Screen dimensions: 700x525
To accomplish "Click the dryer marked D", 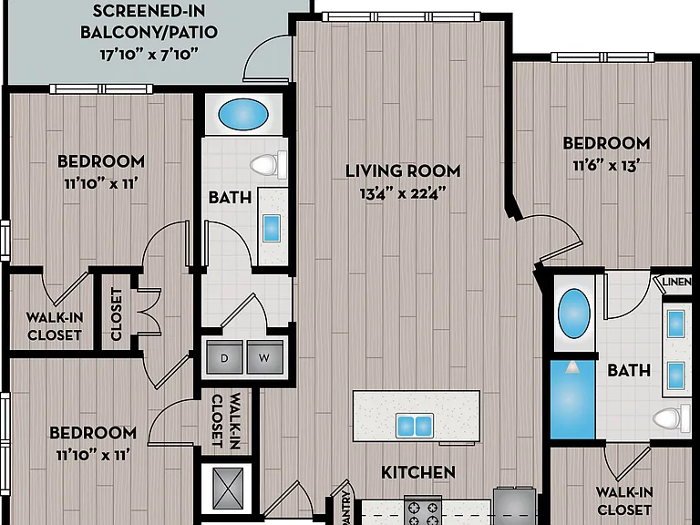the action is [224, 357].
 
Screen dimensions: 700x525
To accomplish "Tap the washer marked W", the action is [265, 357].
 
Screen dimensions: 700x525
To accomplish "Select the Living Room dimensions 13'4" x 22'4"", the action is [403, 193].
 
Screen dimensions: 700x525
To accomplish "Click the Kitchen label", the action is [418, 472].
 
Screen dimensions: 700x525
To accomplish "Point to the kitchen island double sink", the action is [415, 426].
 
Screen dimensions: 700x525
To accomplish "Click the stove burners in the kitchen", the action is [423, 512].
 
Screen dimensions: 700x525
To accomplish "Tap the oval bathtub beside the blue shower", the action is [574, 313].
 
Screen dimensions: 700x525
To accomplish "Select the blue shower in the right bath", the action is [572, 399].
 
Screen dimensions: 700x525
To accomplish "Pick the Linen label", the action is [677, 283].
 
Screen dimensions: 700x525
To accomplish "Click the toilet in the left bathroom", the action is [268, 164].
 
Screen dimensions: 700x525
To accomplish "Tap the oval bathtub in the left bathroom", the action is [243, 114].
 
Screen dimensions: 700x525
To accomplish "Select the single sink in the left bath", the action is [272, 228].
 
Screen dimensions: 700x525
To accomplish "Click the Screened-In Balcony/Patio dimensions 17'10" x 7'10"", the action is [149, 55].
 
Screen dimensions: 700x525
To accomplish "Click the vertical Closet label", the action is [116, 314].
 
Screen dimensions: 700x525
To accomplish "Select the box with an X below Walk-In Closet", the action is [229, 489].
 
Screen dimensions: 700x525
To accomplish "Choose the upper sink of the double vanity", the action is [676, 324].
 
